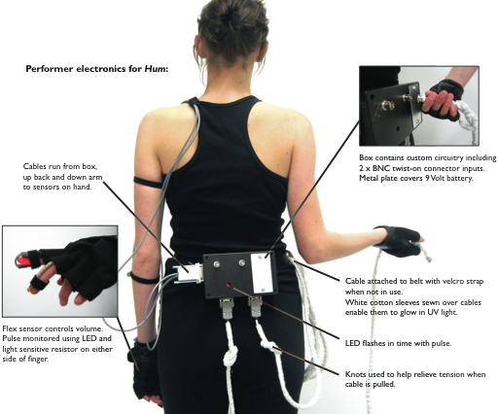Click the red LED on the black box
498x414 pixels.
229,285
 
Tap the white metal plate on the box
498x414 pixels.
262,273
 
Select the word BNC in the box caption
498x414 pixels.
381,168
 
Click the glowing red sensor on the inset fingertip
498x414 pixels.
23,260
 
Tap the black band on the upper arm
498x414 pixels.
148,183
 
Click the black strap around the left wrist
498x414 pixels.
143,279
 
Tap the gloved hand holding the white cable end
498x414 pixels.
399,241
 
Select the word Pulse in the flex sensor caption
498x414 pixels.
11,338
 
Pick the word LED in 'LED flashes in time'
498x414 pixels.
352,343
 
